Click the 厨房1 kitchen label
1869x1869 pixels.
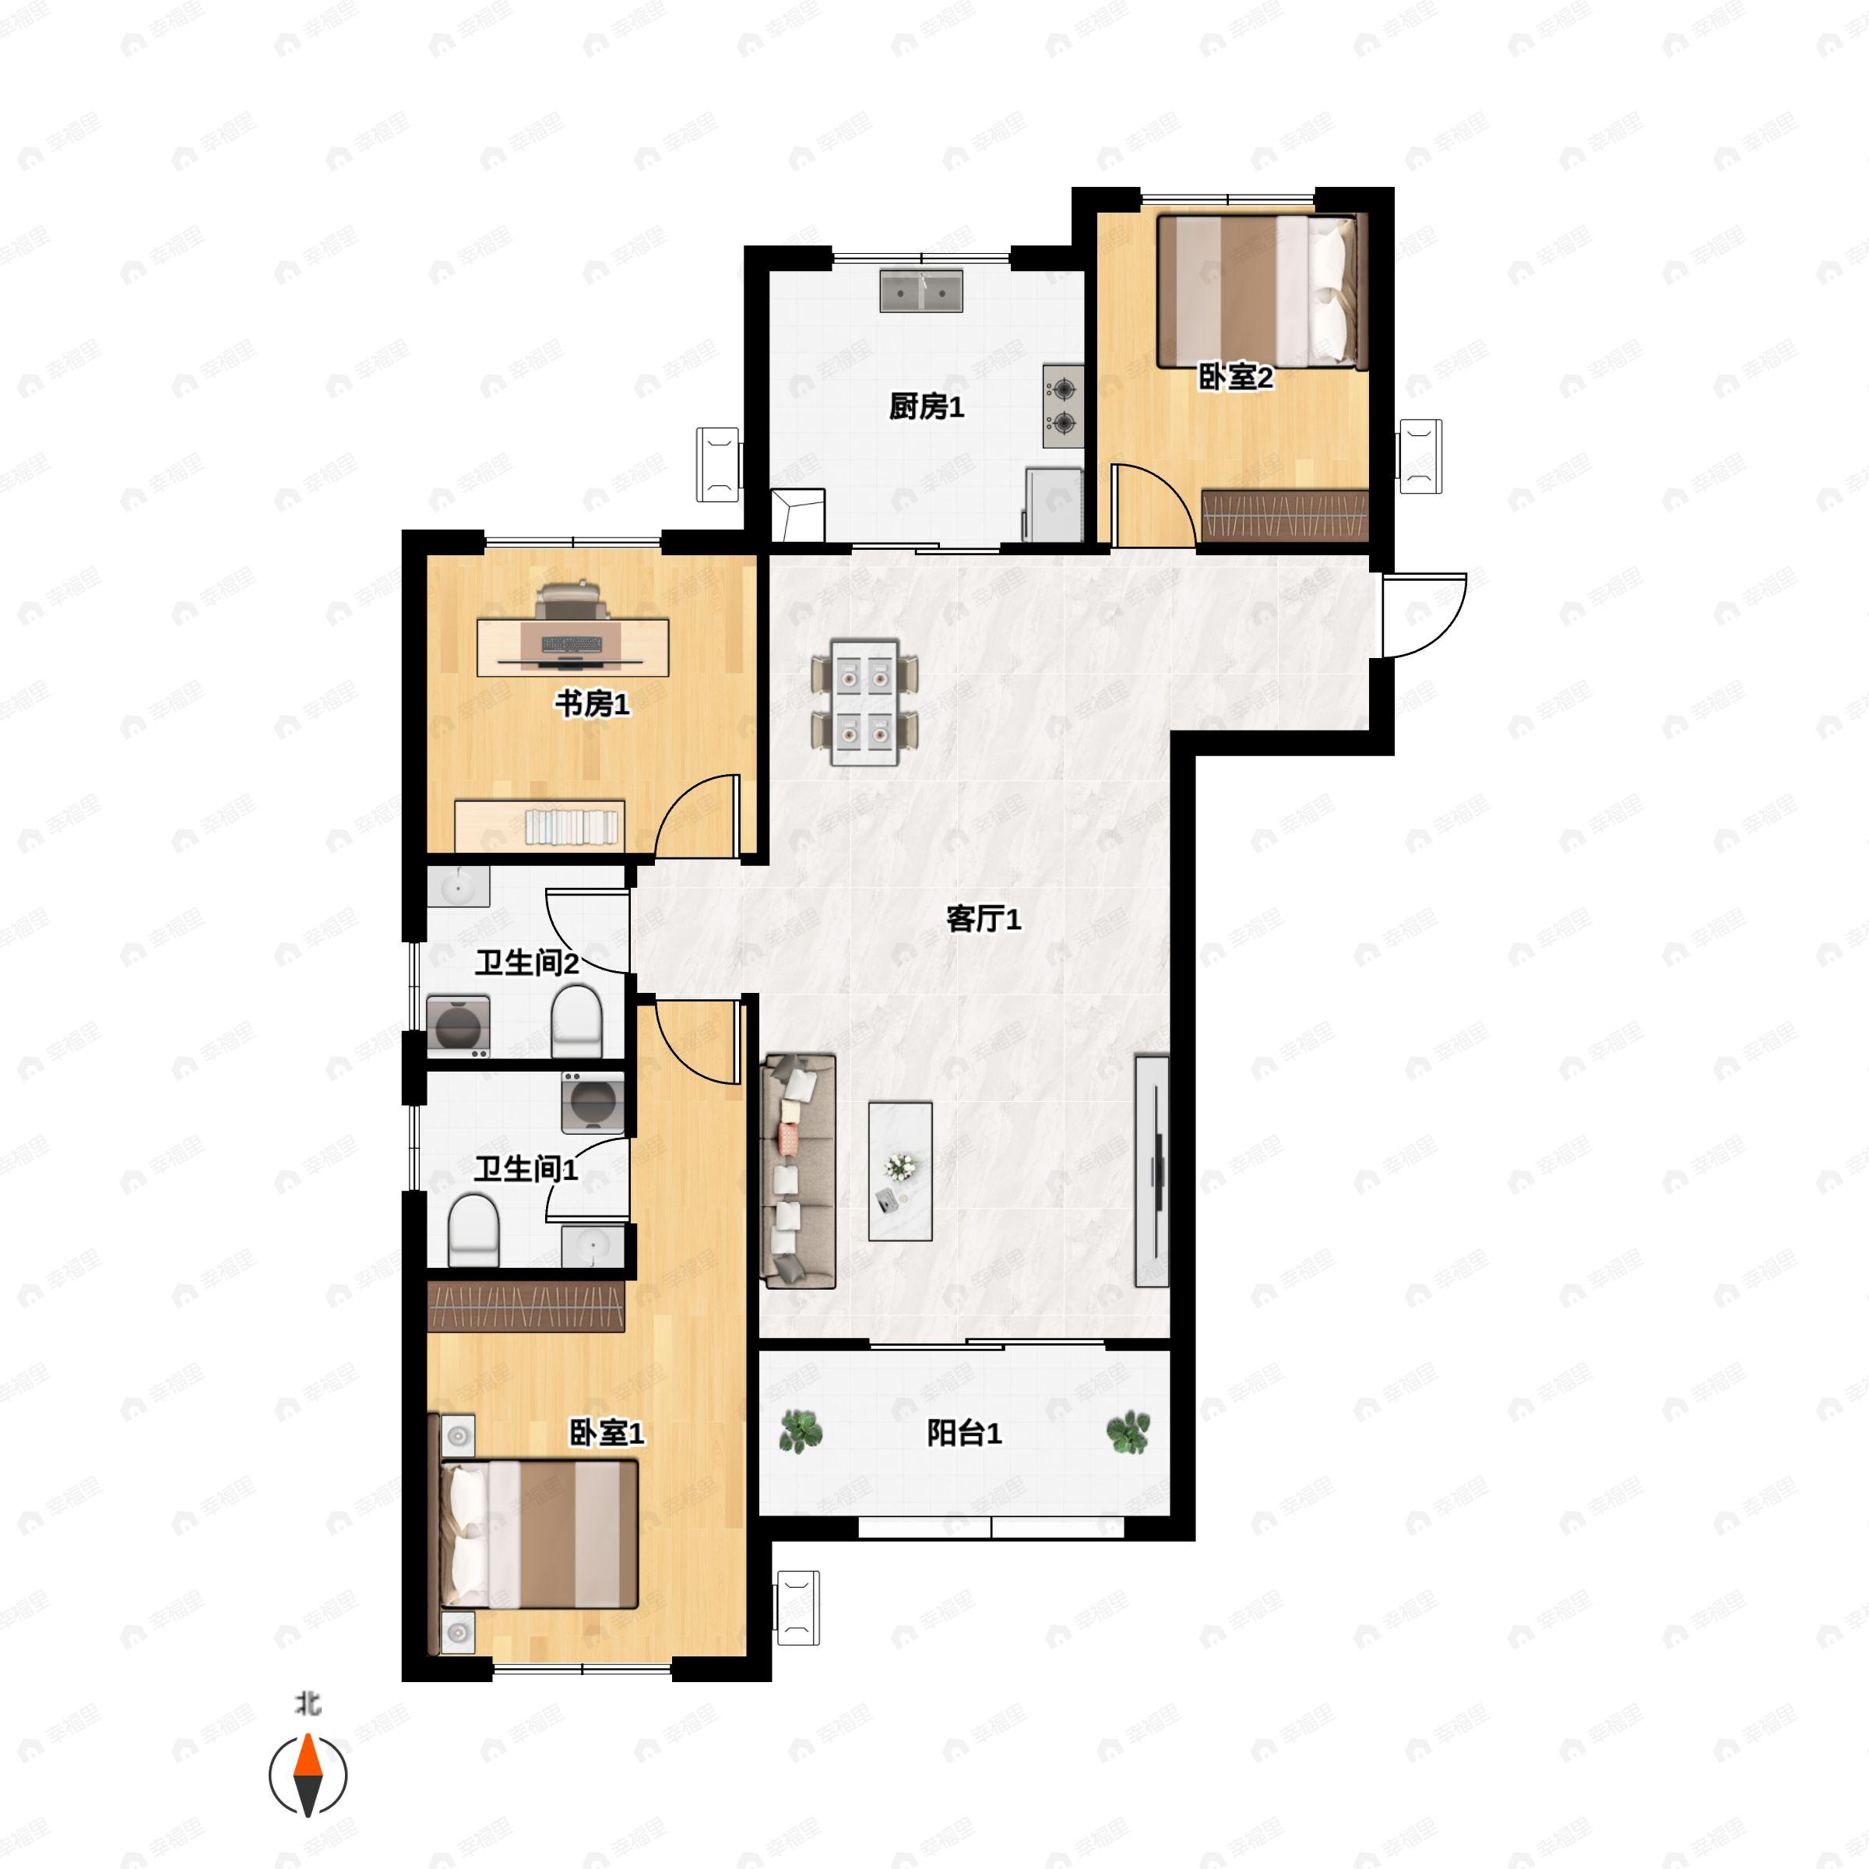(x=926, y=407)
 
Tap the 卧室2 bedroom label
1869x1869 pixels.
(x=1235, y=377)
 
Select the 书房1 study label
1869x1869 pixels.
(x=592, y=703)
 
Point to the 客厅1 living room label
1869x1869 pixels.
(x=983, y=918)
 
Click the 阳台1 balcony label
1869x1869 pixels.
(x=963, y=1433)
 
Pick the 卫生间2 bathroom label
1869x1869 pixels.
(x=526, y=963)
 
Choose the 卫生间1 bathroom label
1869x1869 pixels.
(x=526, y=1169)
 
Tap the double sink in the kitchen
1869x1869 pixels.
(x=921, y=291)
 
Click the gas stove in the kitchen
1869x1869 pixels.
(x=1062, y=405)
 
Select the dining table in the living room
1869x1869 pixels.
(x=864, y=702)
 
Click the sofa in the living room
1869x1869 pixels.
(x=799, y=1170)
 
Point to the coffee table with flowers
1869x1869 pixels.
(x=899, y=1170)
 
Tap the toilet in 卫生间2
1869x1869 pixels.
(x=576, y=1022)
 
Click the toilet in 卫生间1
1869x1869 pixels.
(x=473, y=1230)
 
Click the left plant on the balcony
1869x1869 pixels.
(x=800, y=1432)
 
